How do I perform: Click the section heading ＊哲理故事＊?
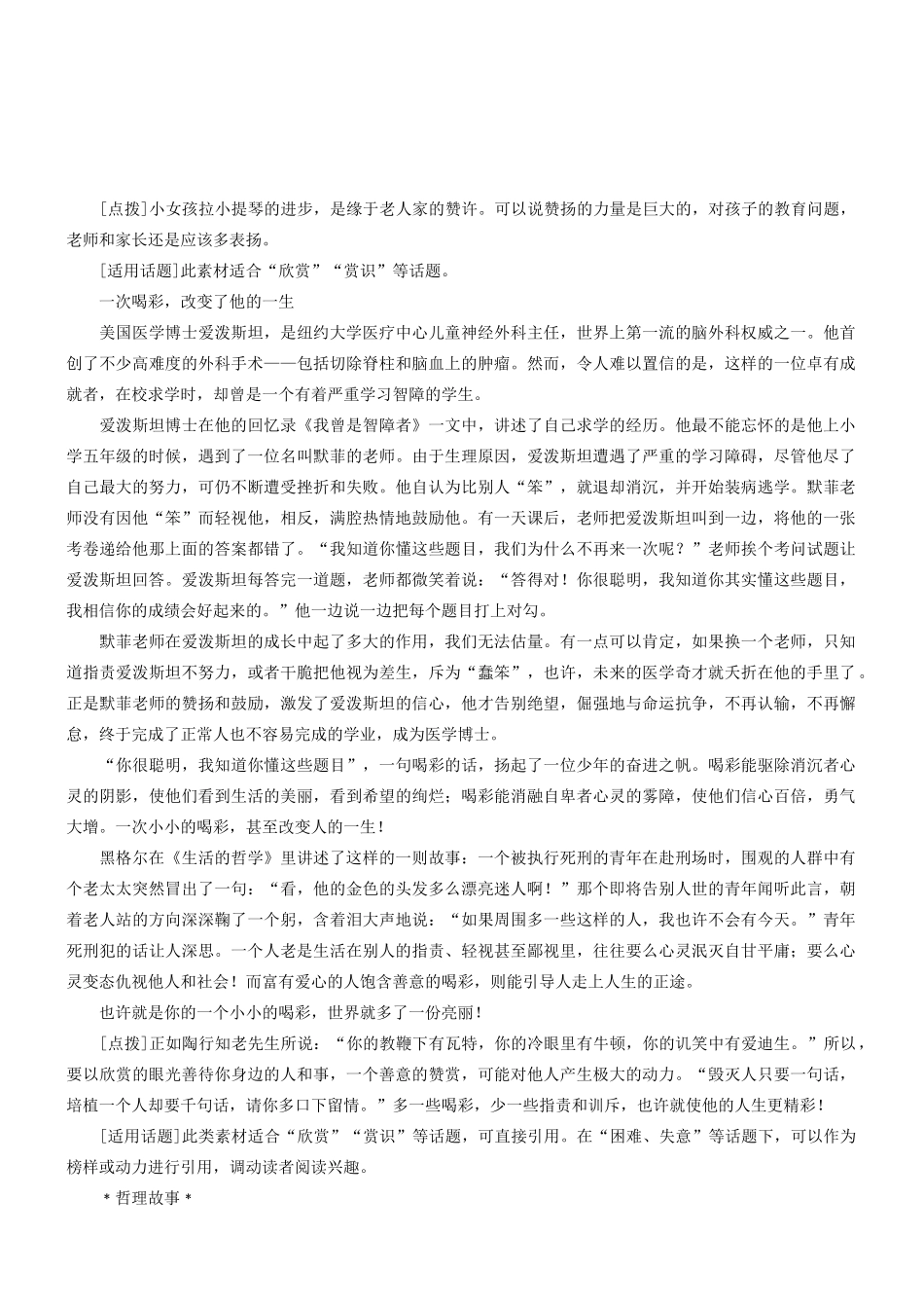[149, 1198]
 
